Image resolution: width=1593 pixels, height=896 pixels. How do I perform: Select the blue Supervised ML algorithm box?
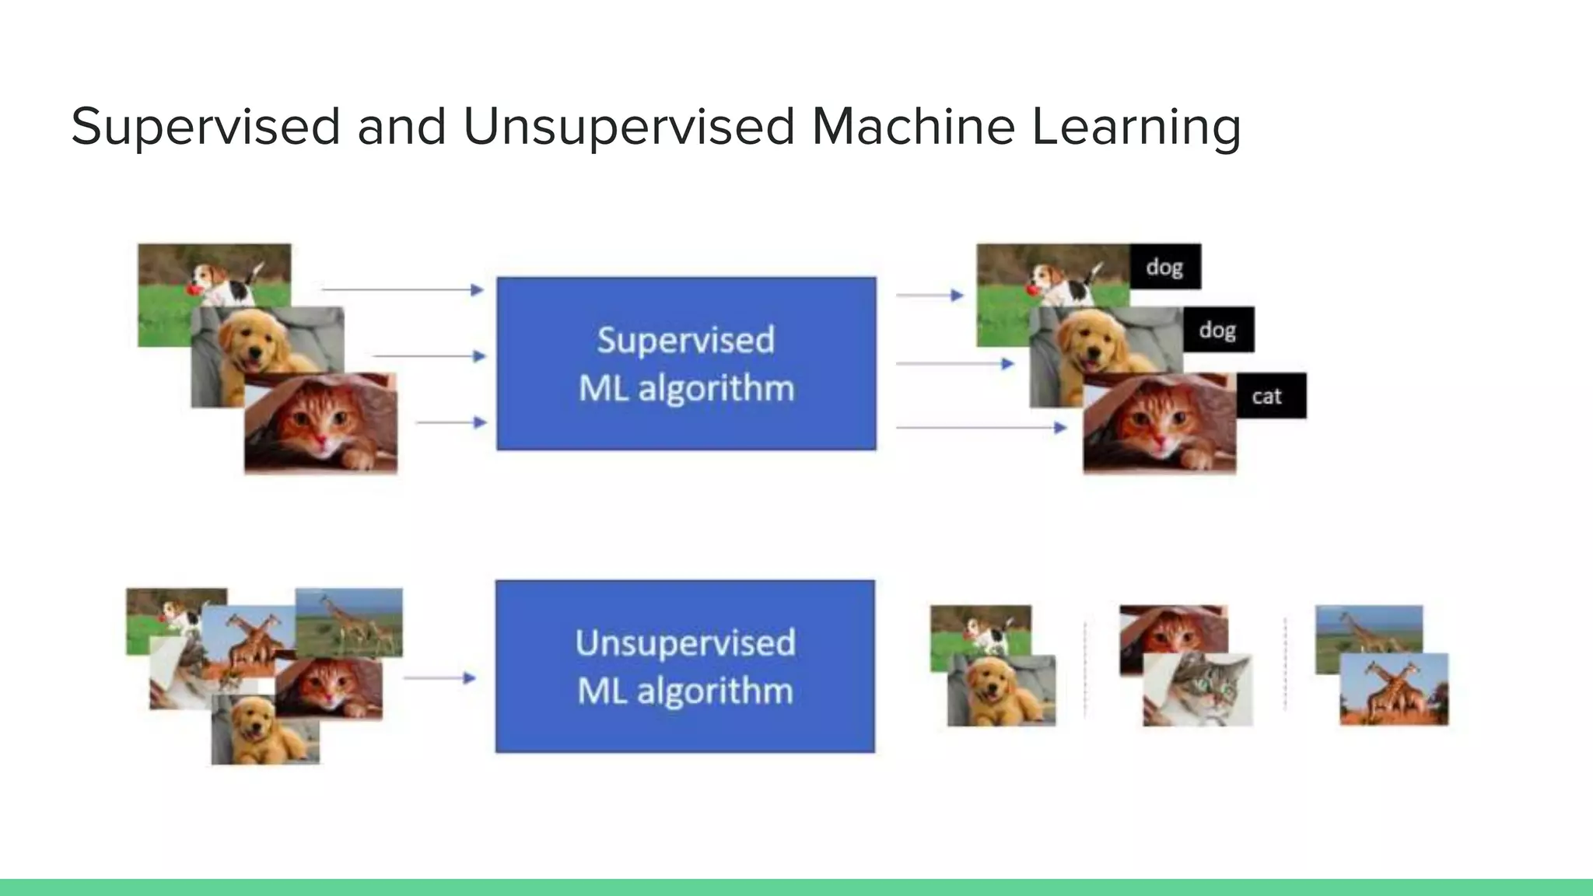coord(686,363)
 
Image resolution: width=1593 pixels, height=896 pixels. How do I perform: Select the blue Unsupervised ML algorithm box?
coord(685,667)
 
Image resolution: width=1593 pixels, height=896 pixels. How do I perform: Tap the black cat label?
coord(1271,396)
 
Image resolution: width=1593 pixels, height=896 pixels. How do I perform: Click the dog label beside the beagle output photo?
coord(1164,267)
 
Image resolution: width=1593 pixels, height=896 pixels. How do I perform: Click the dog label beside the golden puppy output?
coord(1218,330)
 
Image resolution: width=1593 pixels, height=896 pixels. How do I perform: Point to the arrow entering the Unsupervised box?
coord(439,678)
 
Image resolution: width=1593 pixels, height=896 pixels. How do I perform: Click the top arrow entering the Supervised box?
coord(403,289)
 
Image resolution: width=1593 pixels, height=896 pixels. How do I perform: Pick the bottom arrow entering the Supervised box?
coord(451,422)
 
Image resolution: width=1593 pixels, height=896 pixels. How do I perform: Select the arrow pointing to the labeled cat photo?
coord(980,427)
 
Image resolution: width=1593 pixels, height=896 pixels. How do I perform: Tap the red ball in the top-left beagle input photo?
coord(193,291)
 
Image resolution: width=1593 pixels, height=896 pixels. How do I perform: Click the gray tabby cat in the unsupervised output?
coord(1198,688)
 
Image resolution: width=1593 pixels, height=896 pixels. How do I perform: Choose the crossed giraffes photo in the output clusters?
coord(1394,690)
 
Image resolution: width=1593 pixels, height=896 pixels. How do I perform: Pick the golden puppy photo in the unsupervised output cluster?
coord(1002,691)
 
